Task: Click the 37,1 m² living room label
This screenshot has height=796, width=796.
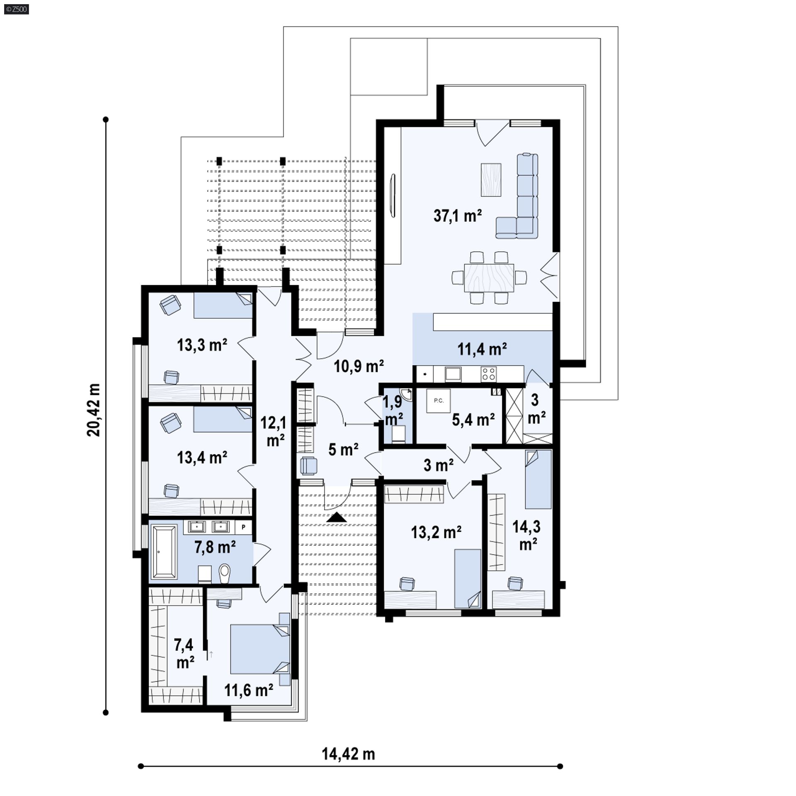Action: pos(458,216)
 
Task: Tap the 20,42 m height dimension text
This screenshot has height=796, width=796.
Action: pos(94,410)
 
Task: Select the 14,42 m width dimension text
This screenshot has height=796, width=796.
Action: pos(348,754)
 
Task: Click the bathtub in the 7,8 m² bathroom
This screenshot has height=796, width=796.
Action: pos(164,552)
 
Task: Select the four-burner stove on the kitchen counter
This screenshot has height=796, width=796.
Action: pos(489,374)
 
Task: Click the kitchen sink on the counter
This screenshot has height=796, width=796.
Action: pos(453,374)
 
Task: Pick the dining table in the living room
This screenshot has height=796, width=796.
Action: pos(489,278)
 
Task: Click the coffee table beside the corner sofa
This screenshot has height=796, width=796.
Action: pos(491,180)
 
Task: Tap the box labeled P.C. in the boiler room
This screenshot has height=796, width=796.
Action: pos(438,401)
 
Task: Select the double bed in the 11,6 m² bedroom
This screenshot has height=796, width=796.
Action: pos(260,649)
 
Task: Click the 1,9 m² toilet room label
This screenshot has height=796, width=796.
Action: pos(392,411)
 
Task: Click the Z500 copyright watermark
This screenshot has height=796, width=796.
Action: pos(17,9)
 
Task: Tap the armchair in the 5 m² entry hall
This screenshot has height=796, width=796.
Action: pos(308,465)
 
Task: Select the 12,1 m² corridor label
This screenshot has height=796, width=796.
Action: pos(272,432)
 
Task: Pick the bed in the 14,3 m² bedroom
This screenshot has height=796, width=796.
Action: pos(538,479)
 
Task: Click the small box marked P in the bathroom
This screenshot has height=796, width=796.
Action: pos(243,527)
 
